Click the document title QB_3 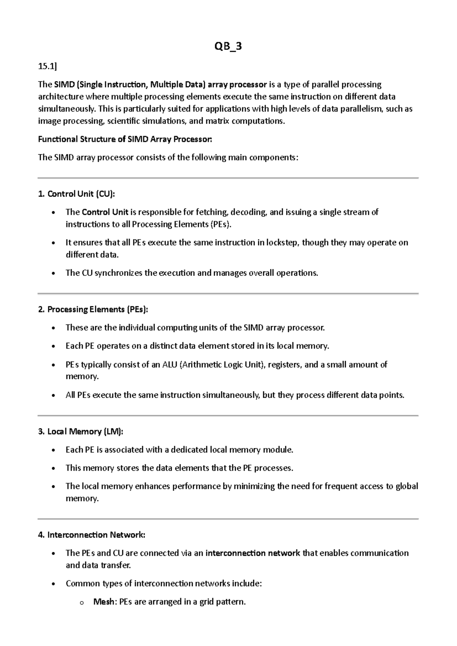228,46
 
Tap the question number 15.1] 47,66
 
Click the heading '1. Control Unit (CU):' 76,194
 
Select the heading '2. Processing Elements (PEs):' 93,309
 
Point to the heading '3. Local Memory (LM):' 81,432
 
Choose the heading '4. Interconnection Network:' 91,535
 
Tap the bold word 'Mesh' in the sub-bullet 103,602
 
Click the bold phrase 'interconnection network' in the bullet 252,553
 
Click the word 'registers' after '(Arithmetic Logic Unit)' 284,365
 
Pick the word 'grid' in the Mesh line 206,602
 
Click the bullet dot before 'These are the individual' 55,328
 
